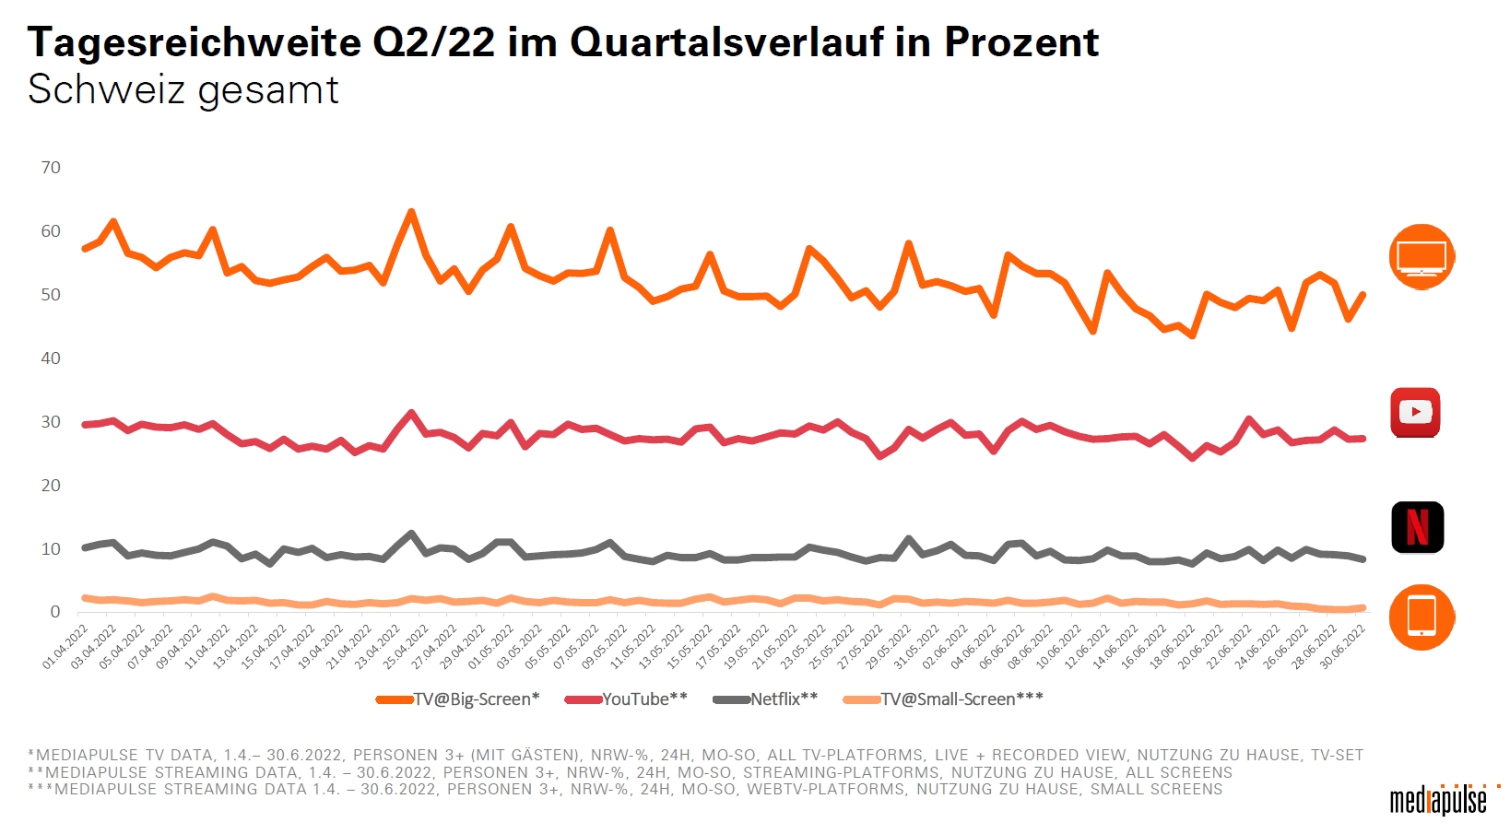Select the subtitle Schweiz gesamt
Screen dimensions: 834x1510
click(183, 90)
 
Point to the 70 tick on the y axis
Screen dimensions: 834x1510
click(51, 168)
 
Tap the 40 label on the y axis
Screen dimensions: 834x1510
click(51, 358)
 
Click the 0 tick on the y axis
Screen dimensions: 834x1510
click(55, 612)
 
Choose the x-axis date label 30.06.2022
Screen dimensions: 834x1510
click(1344, 646)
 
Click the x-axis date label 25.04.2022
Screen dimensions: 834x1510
click(407, 646)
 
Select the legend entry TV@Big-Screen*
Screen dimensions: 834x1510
click(458, 699)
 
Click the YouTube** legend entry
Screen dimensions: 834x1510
click(627, 699)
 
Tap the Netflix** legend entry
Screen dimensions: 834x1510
click(766, 699)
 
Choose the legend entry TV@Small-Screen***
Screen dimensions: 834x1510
click(944, 699)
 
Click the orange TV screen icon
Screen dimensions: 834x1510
click(1422, 256)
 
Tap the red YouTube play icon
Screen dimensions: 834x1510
click(1415, 412)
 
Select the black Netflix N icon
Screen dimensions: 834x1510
click(1417, 527)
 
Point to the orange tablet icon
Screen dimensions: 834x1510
click(1422, 617)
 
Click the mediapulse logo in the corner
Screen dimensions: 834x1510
click(1438, 799)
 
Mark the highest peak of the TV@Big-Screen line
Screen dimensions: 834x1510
click(411, 212)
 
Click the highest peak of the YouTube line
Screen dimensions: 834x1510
click(411, 413)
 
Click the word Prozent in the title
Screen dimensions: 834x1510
click(1020, 42)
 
